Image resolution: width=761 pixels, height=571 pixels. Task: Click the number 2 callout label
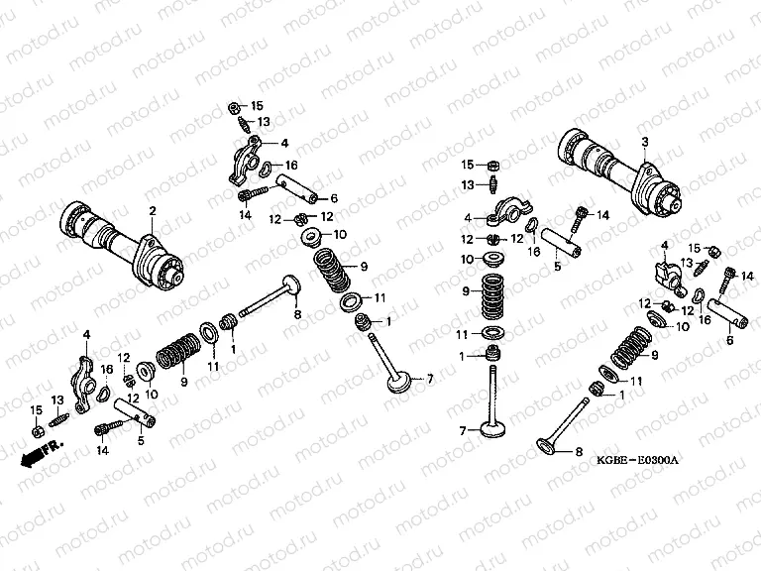click(x=153, y=210)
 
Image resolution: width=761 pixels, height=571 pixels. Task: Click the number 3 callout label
click(x=644, y=143)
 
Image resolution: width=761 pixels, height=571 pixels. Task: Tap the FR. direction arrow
click(x=35, y=454)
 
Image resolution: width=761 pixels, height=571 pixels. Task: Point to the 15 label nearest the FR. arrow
click(x=36, y=409)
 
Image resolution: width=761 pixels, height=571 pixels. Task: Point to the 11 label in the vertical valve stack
click(x=462, y=333)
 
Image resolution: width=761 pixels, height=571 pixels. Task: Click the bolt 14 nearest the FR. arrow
click(x=104, y=429)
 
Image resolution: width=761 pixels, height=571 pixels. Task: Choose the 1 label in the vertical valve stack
click(x=462, y=356)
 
